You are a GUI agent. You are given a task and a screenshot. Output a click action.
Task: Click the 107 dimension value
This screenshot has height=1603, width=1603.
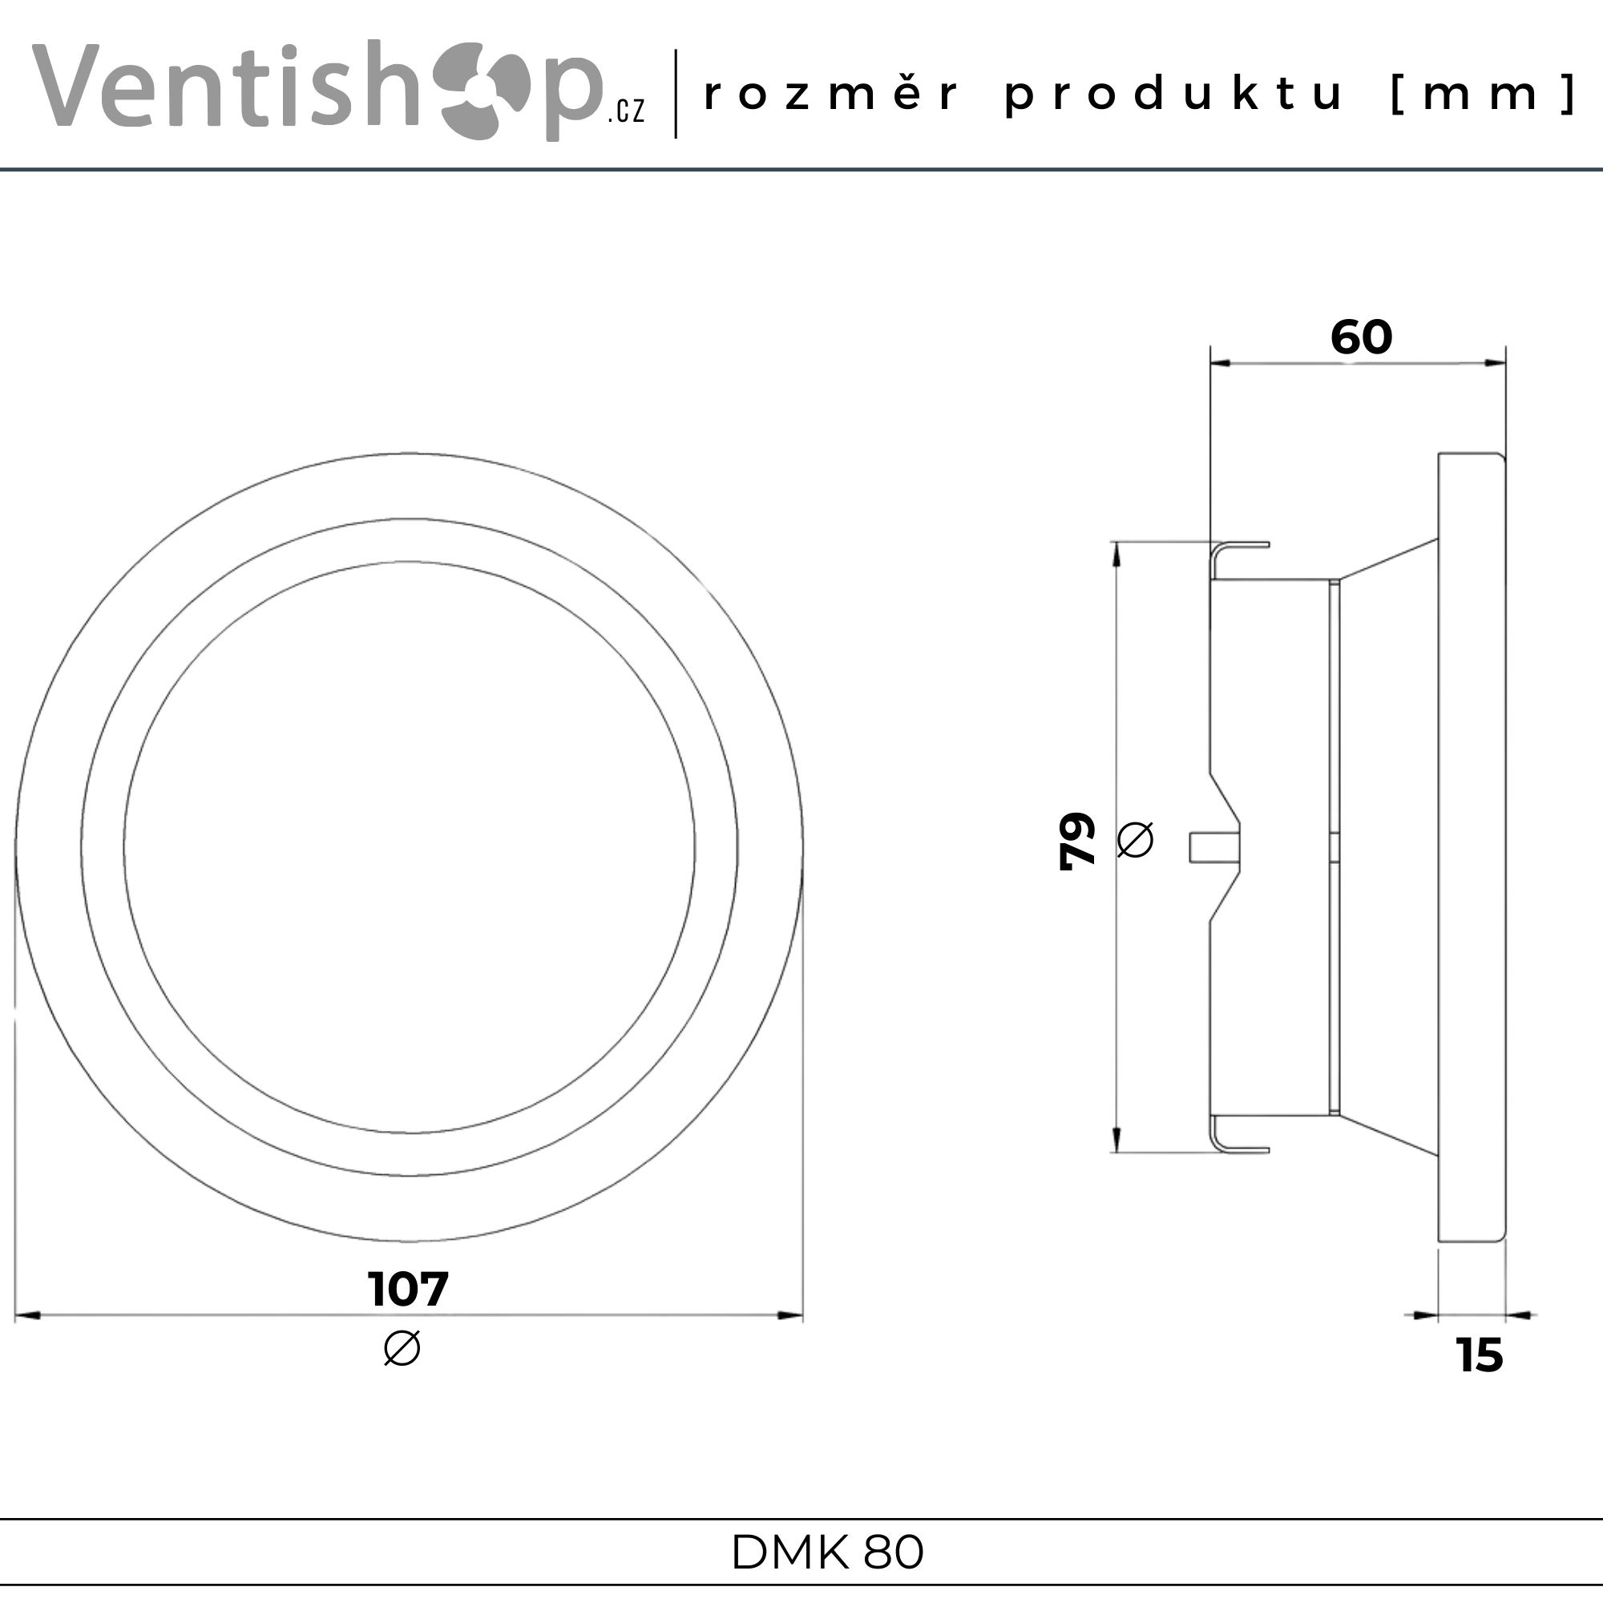tap(408, 1289)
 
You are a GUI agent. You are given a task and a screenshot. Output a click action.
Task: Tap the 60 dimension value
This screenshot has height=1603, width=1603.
tap(1362, 337)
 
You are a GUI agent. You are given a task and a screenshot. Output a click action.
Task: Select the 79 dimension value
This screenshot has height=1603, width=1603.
tap(1078, 840)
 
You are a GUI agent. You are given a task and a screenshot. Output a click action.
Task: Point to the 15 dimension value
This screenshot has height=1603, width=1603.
tap(1480, 1355)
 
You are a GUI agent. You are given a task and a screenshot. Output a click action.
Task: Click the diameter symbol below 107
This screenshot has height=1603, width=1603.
tap(402, 1347)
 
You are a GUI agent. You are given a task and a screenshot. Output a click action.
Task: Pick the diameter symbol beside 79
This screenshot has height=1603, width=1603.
tap(1135, 839)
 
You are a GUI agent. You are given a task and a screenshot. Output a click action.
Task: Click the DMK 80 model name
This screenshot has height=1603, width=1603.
tap(827, 1553)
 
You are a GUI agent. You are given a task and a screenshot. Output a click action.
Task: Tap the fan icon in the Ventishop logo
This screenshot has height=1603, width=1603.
tap(485, 92)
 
